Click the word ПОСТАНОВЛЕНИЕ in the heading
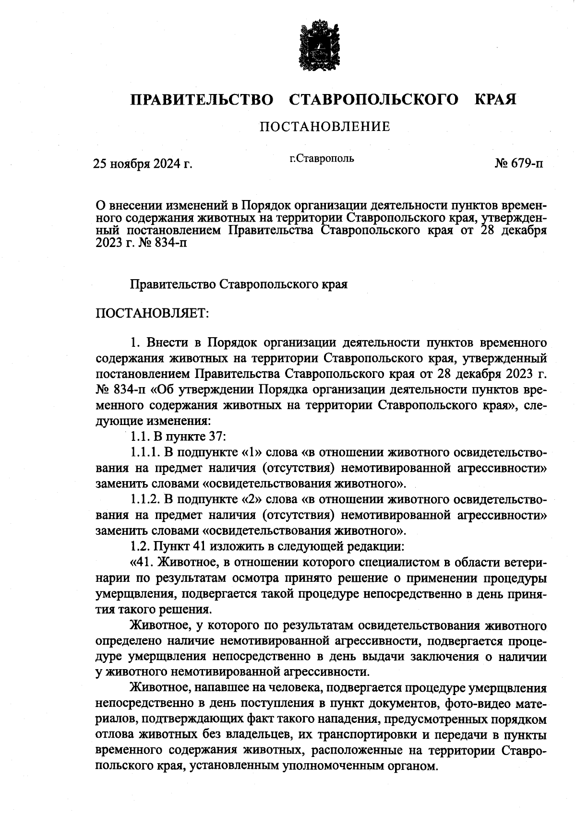click(325, 127)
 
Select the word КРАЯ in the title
click(495, 100)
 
